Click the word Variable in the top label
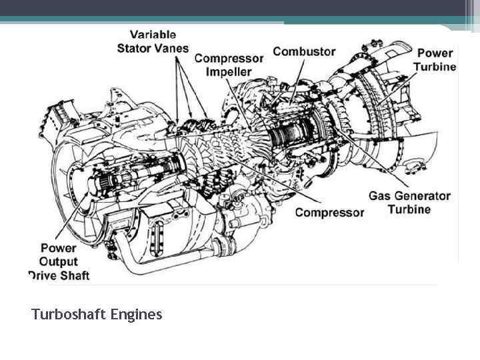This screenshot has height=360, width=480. [153, 35]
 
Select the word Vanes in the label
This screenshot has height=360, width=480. [172, 48]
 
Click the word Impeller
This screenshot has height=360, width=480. [229, 71]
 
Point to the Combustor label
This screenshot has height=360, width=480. [303, 51]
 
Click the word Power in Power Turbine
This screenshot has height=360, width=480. [435, 53]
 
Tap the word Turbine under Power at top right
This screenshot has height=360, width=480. [435, 66]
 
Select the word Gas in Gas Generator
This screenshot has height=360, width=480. [383, 196]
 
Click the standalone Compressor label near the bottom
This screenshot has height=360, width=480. [329, 213]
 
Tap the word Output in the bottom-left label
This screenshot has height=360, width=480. [58, 261]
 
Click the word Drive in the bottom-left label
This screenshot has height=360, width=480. [41, 275]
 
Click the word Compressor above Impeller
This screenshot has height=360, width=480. [229, 59]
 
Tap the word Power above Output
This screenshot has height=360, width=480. [58, 248]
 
